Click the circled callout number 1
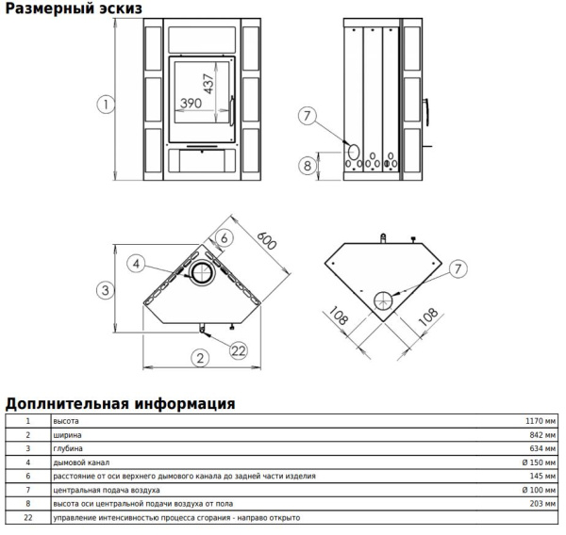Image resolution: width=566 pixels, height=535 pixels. point(106,105)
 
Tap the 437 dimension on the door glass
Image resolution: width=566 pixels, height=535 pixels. point(208,84)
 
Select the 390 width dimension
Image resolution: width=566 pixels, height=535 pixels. point(191,104)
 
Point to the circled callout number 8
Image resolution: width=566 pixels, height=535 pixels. point(308,166)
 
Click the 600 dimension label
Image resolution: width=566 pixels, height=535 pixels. point(267,240)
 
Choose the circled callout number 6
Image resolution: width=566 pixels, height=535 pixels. point(225,238)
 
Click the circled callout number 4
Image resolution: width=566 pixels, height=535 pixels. point(136,264)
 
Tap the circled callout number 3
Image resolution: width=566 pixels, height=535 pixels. point(106,290)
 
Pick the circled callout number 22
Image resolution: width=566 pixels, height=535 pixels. point(239,350)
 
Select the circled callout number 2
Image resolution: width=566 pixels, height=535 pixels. point(200,358)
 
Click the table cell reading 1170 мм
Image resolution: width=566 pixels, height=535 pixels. point(541,421)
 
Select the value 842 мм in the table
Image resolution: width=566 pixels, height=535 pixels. point(542,435)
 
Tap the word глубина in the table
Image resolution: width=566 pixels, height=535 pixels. point(68,449)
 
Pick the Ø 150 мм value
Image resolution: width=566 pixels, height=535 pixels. point(539,462)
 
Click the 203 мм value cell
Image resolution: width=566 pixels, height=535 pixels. point(542,504)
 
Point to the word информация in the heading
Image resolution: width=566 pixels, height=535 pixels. point(185,404)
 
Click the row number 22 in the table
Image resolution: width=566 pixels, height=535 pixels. point(28,518)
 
